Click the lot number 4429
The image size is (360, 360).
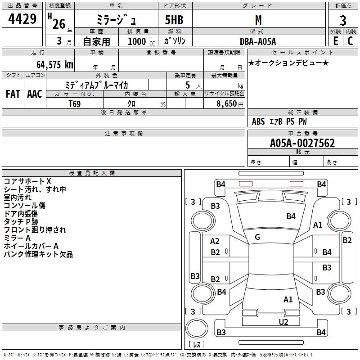click(22, 20)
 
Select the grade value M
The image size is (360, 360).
click(258, 20)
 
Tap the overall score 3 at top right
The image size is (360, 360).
click(343, 21)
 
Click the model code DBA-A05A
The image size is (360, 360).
click(258, 41)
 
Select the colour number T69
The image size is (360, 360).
click(75, 103)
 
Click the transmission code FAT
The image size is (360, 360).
click(13, 94)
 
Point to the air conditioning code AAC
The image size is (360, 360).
click(35, 94)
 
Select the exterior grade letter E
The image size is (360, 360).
click(335, 41)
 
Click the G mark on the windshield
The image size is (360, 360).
click(257, 237)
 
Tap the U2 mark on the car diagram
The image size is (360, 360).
click(283, 321)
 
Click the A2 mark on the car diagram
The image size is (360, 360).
click(215, 241)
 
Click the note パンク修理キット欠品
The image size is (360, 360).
click(38, 254)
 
